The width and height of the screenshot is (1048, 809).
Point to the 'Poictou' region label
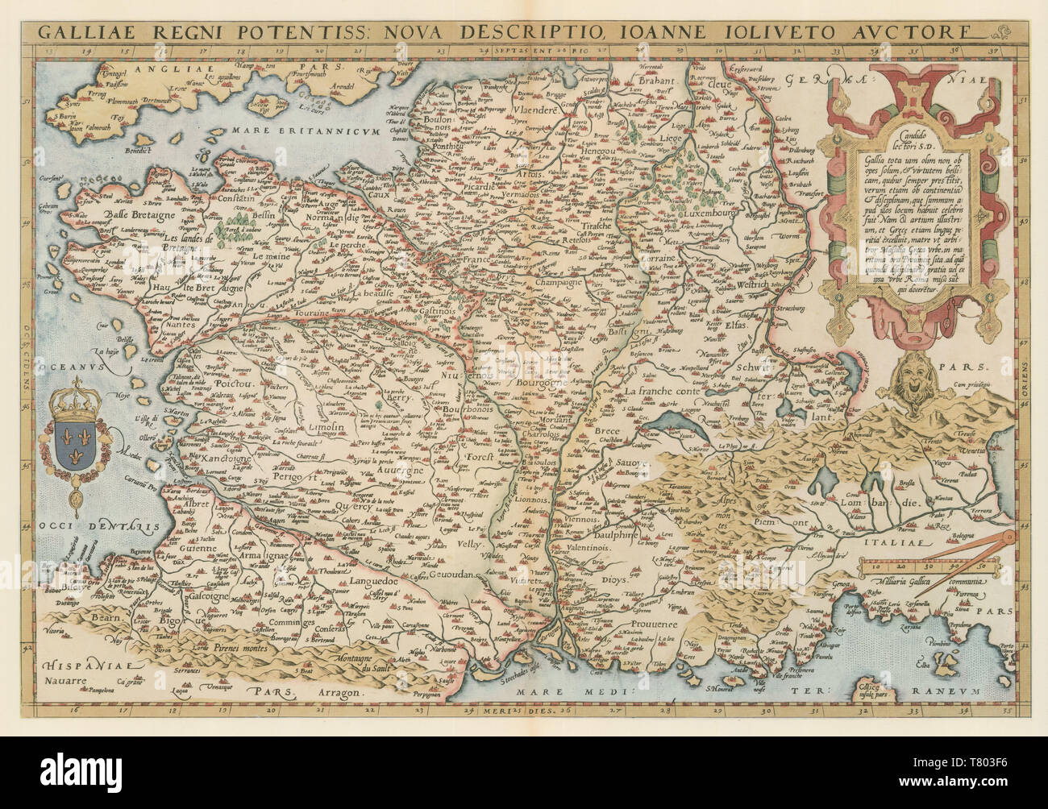click(235, 386)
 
